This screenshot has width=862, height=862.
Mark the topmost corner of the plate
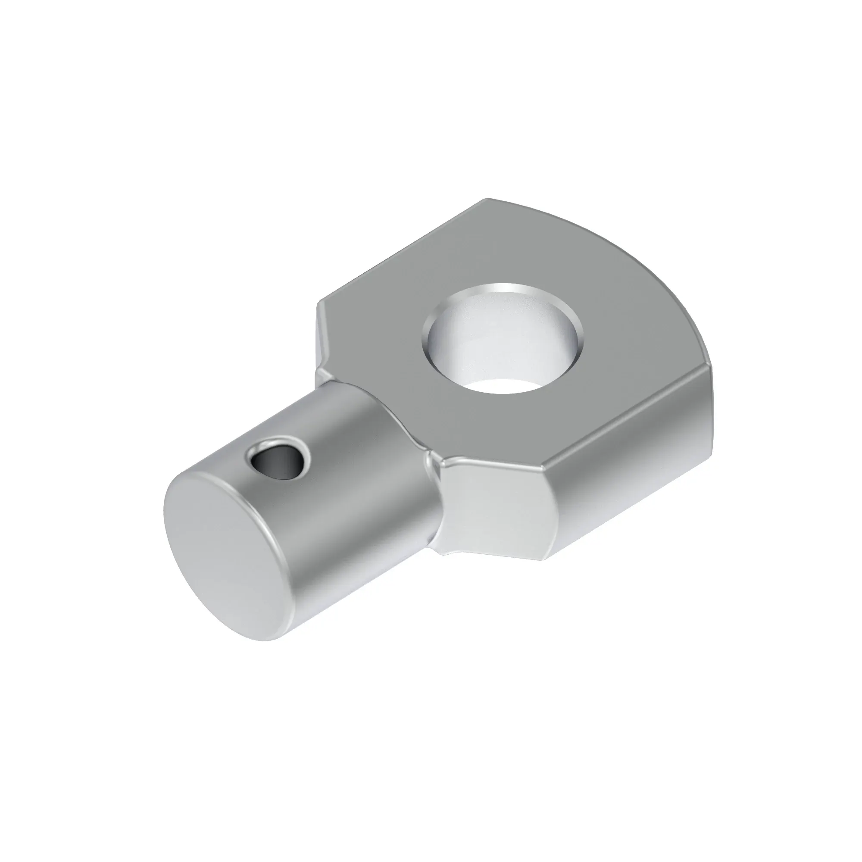489,199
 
